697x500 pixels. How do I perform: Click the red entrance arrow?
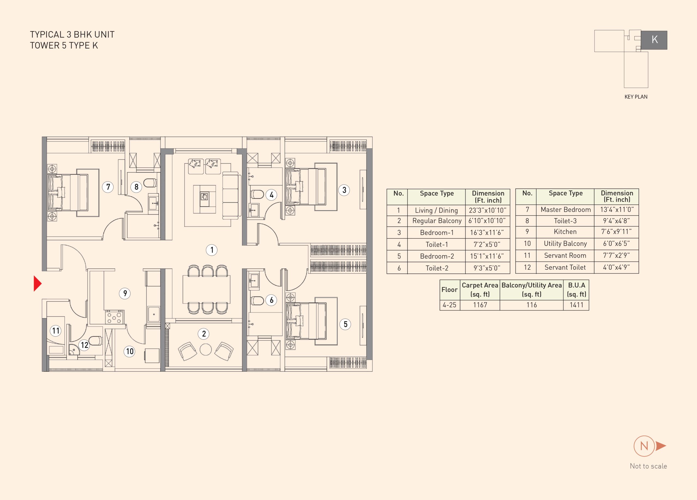pyautogui.click(x=38, y=283)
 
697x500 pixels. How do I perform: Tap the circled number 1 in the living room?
pyautogui.click(x=212, y=250)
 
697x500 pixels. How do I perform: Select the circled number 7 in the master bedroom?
pyautogui.click(x=108, y=187)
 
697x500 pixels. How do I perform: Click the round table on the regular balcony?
pyautogui.click(x=206, y=349)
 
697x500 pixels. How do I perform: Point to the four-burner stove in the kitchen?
pyautogui.click(x=114, y=317)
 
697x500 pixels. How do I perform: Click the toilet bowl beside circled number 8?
pyautogui.click(x=150, y=183)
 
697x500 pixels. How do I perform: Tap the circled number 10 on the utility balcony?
pyautogui.click(x=130, y=351)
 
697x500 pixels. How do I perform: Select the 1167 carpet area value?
pyautogui.click(x=480, y=305)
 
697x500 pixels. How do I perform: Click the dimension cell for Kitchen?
pyautogui.click(x=616, y=232)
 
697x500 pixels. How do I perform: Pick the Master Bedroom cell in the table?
pyautogui.click(x=565, y=210)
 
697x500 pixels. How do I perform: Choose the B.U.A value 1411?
pyautogui.click(x=576, y=305)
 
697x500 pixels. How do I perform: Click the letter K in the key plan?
pyautogui.click(x=655, y=40)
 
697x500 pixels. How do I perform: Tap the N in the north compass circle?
pyautogui.click(x=644, y=446)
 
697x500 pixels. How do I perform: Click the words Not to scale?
pyautogui.click(x=649, y=466)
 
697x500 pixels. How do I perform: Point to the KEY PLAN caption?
pyautogui.click(x=636, y=97)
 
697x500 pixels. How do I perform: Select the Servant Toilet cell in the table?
pyautogui.click(x=565, y=267)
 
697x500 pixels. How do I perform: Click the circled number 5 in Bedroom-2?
pyautogui.click(x=346, y=324)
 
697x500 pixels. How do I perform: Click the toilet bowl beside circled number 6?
pyautogui.click(x=257, y=300)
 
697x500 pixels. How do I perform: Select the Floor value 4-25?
pyautogui.click(x=449, y=305)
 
